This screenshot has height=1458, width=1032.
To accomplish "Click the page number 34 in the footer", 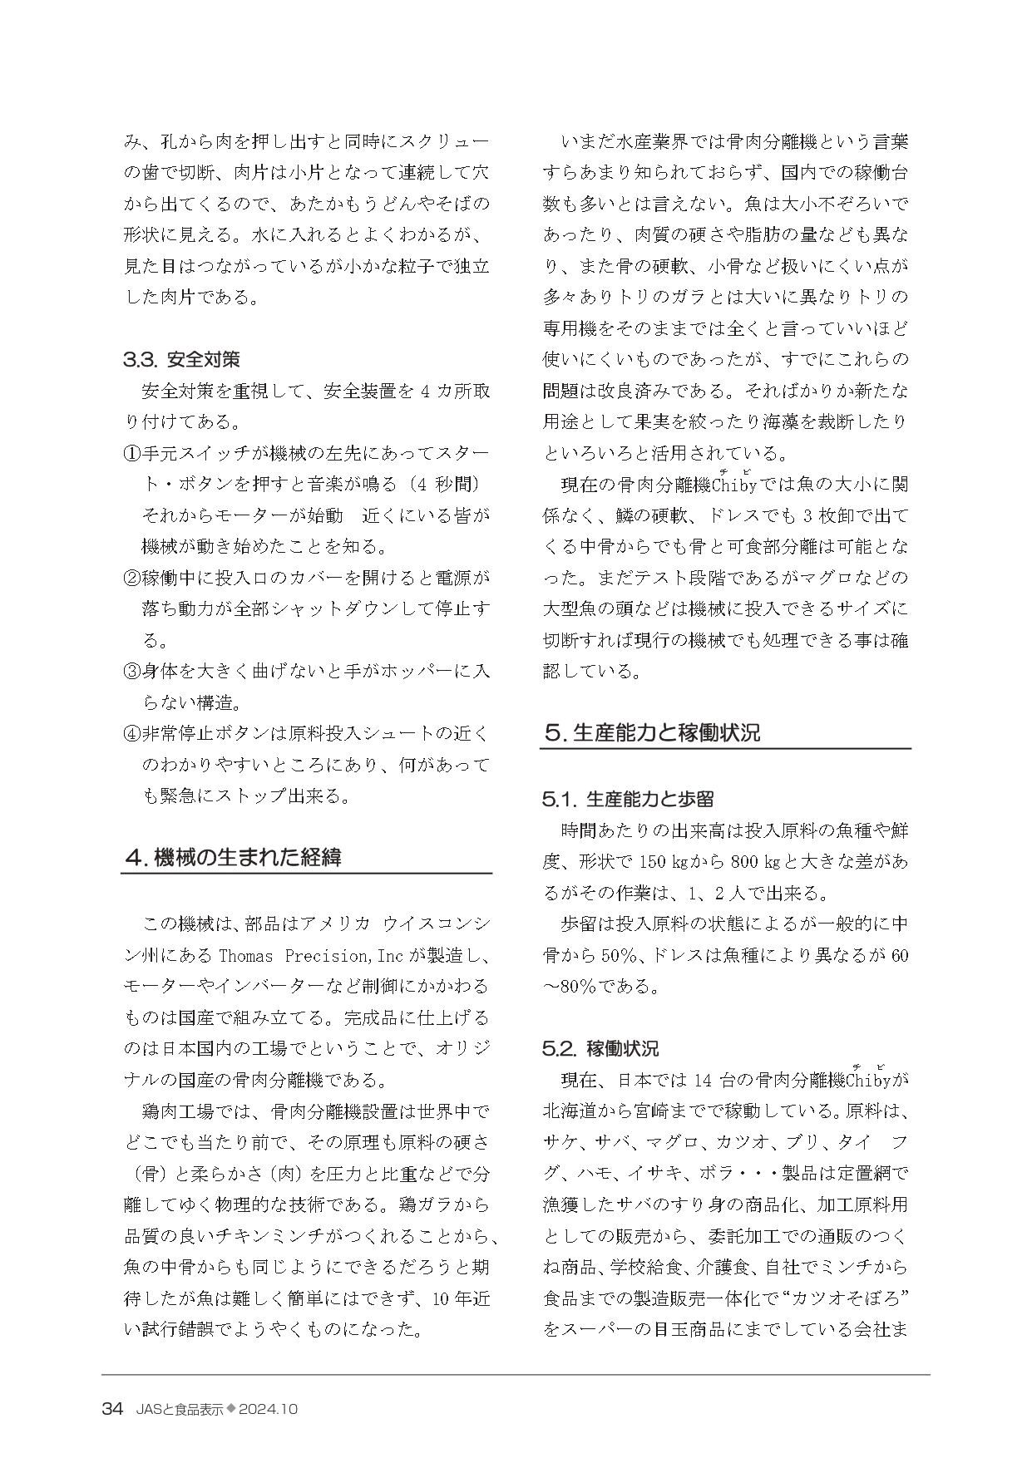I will pyautogui.click(x=112, y=1409).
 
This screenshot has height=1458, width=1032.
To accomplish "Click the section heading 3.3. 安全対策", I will pyautogui.click(x=181, y=359).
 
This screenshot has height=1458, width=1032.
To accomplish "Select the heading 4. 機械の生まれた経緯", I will pyautogui.click(x=232, y=857).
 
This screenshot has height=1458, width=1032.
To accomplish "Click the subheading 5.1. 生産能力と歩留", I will pyautogui.click(x=628, y=799).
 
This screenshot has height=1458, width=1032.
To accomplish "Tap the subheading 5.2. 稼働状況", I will pyautogui.click(x=600, y=1048).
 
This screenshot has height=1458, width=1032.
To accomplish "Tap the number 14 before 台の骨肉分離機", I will pyautogui.click(x=702, y=1081).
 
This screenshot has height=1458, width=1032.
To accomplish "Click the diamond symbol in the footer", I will pyautogui.click(x=232, y=1409).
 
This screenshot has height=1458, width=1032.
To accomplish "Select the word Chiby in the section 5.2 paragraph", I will pyautogui.click(x=868, y=1081).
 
